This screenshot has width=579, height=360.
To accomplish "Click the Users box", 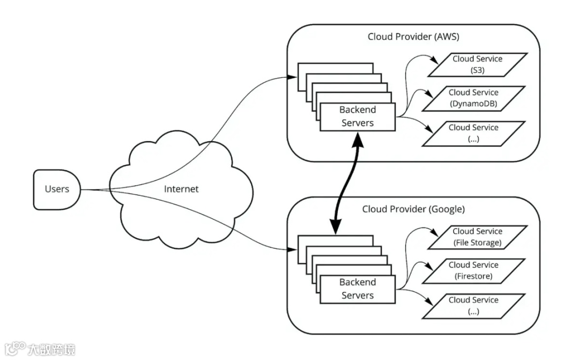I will (57, 189).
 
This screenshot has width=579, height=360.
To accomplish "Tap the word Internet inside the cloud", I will (181, 189).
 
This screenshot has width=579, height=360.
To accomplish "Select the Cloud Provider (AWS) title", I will (413, 36).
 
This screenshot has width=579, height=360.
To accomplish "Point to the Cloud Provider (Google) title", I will (413, 209).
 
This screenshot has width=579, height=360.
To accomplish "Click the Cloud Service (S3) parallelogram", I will (477, 64).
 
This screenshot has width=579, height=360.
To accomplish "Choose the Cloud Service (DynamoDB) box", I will (473, 98).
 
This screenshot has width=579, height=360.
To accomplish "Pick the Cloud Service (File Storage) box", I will (477, 237).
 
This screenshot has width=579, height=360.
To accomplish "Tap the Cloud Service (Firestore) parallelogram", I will (473, 270).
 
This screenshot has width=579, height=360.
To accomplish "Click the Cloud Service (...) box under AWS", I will (473, 133).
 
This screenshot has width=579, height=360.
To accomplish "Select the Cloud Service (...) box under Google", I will (473, 306).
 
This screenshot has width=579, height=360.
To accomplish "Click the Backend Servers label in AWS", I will (358, 116).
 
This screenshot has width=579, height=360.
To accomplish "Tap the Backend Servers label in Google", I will (358, 289).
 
